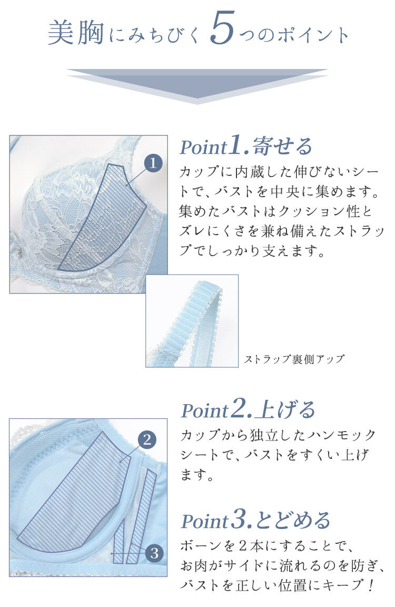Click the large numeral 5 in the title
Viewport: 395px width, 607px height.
click(221, 33)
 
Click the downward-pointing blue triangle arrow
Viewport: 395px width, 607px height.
click(197, 84)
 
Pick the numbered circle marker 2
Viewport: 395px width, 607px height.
click(147, 439)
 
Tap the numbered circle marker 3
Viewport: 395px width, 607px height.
click(154, 553)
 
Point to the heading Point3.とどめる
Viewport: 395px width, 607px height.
click(255, 520)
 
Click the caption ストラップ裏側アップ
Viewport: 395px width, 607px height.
click(294, 359)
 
